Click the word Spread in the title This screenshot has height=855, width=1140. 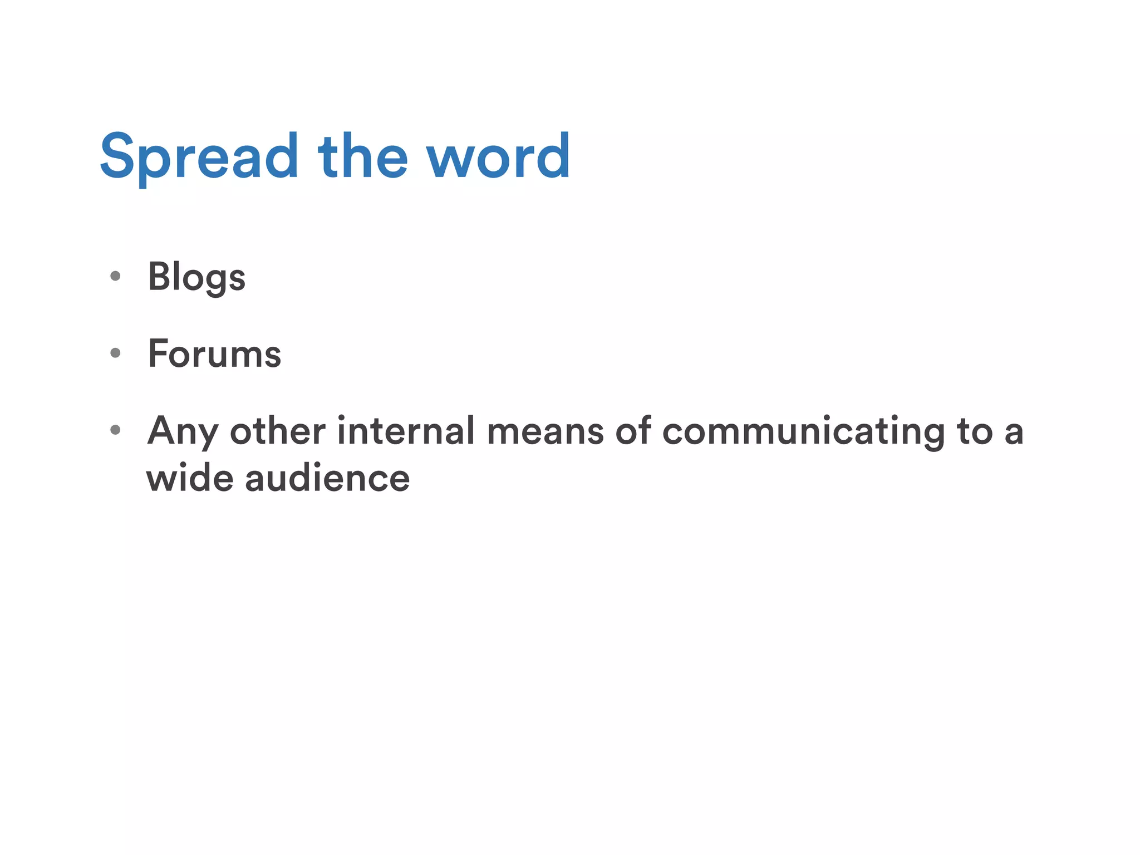(x=199, y=157)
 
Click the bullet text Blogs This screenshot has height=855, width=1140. (x=196, y=277)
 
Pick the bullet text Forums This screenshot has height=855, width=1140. (x=214, y=353)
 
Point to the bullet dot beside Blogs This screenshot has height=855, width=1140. (x=115, y=276)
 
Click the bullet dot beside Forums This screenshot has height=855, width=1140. (x=115, y=352)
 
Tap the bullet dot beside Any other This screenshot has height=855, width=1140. (x=115, y=429)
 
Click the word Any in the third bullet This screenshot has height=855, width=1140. (x=182, y=431)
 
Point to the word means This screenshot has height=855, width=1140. (x=545, y=431)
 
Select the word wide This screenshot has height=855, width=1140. (x=190, y=478)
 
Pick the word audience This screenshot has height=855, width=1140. (x=327, y=478)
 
